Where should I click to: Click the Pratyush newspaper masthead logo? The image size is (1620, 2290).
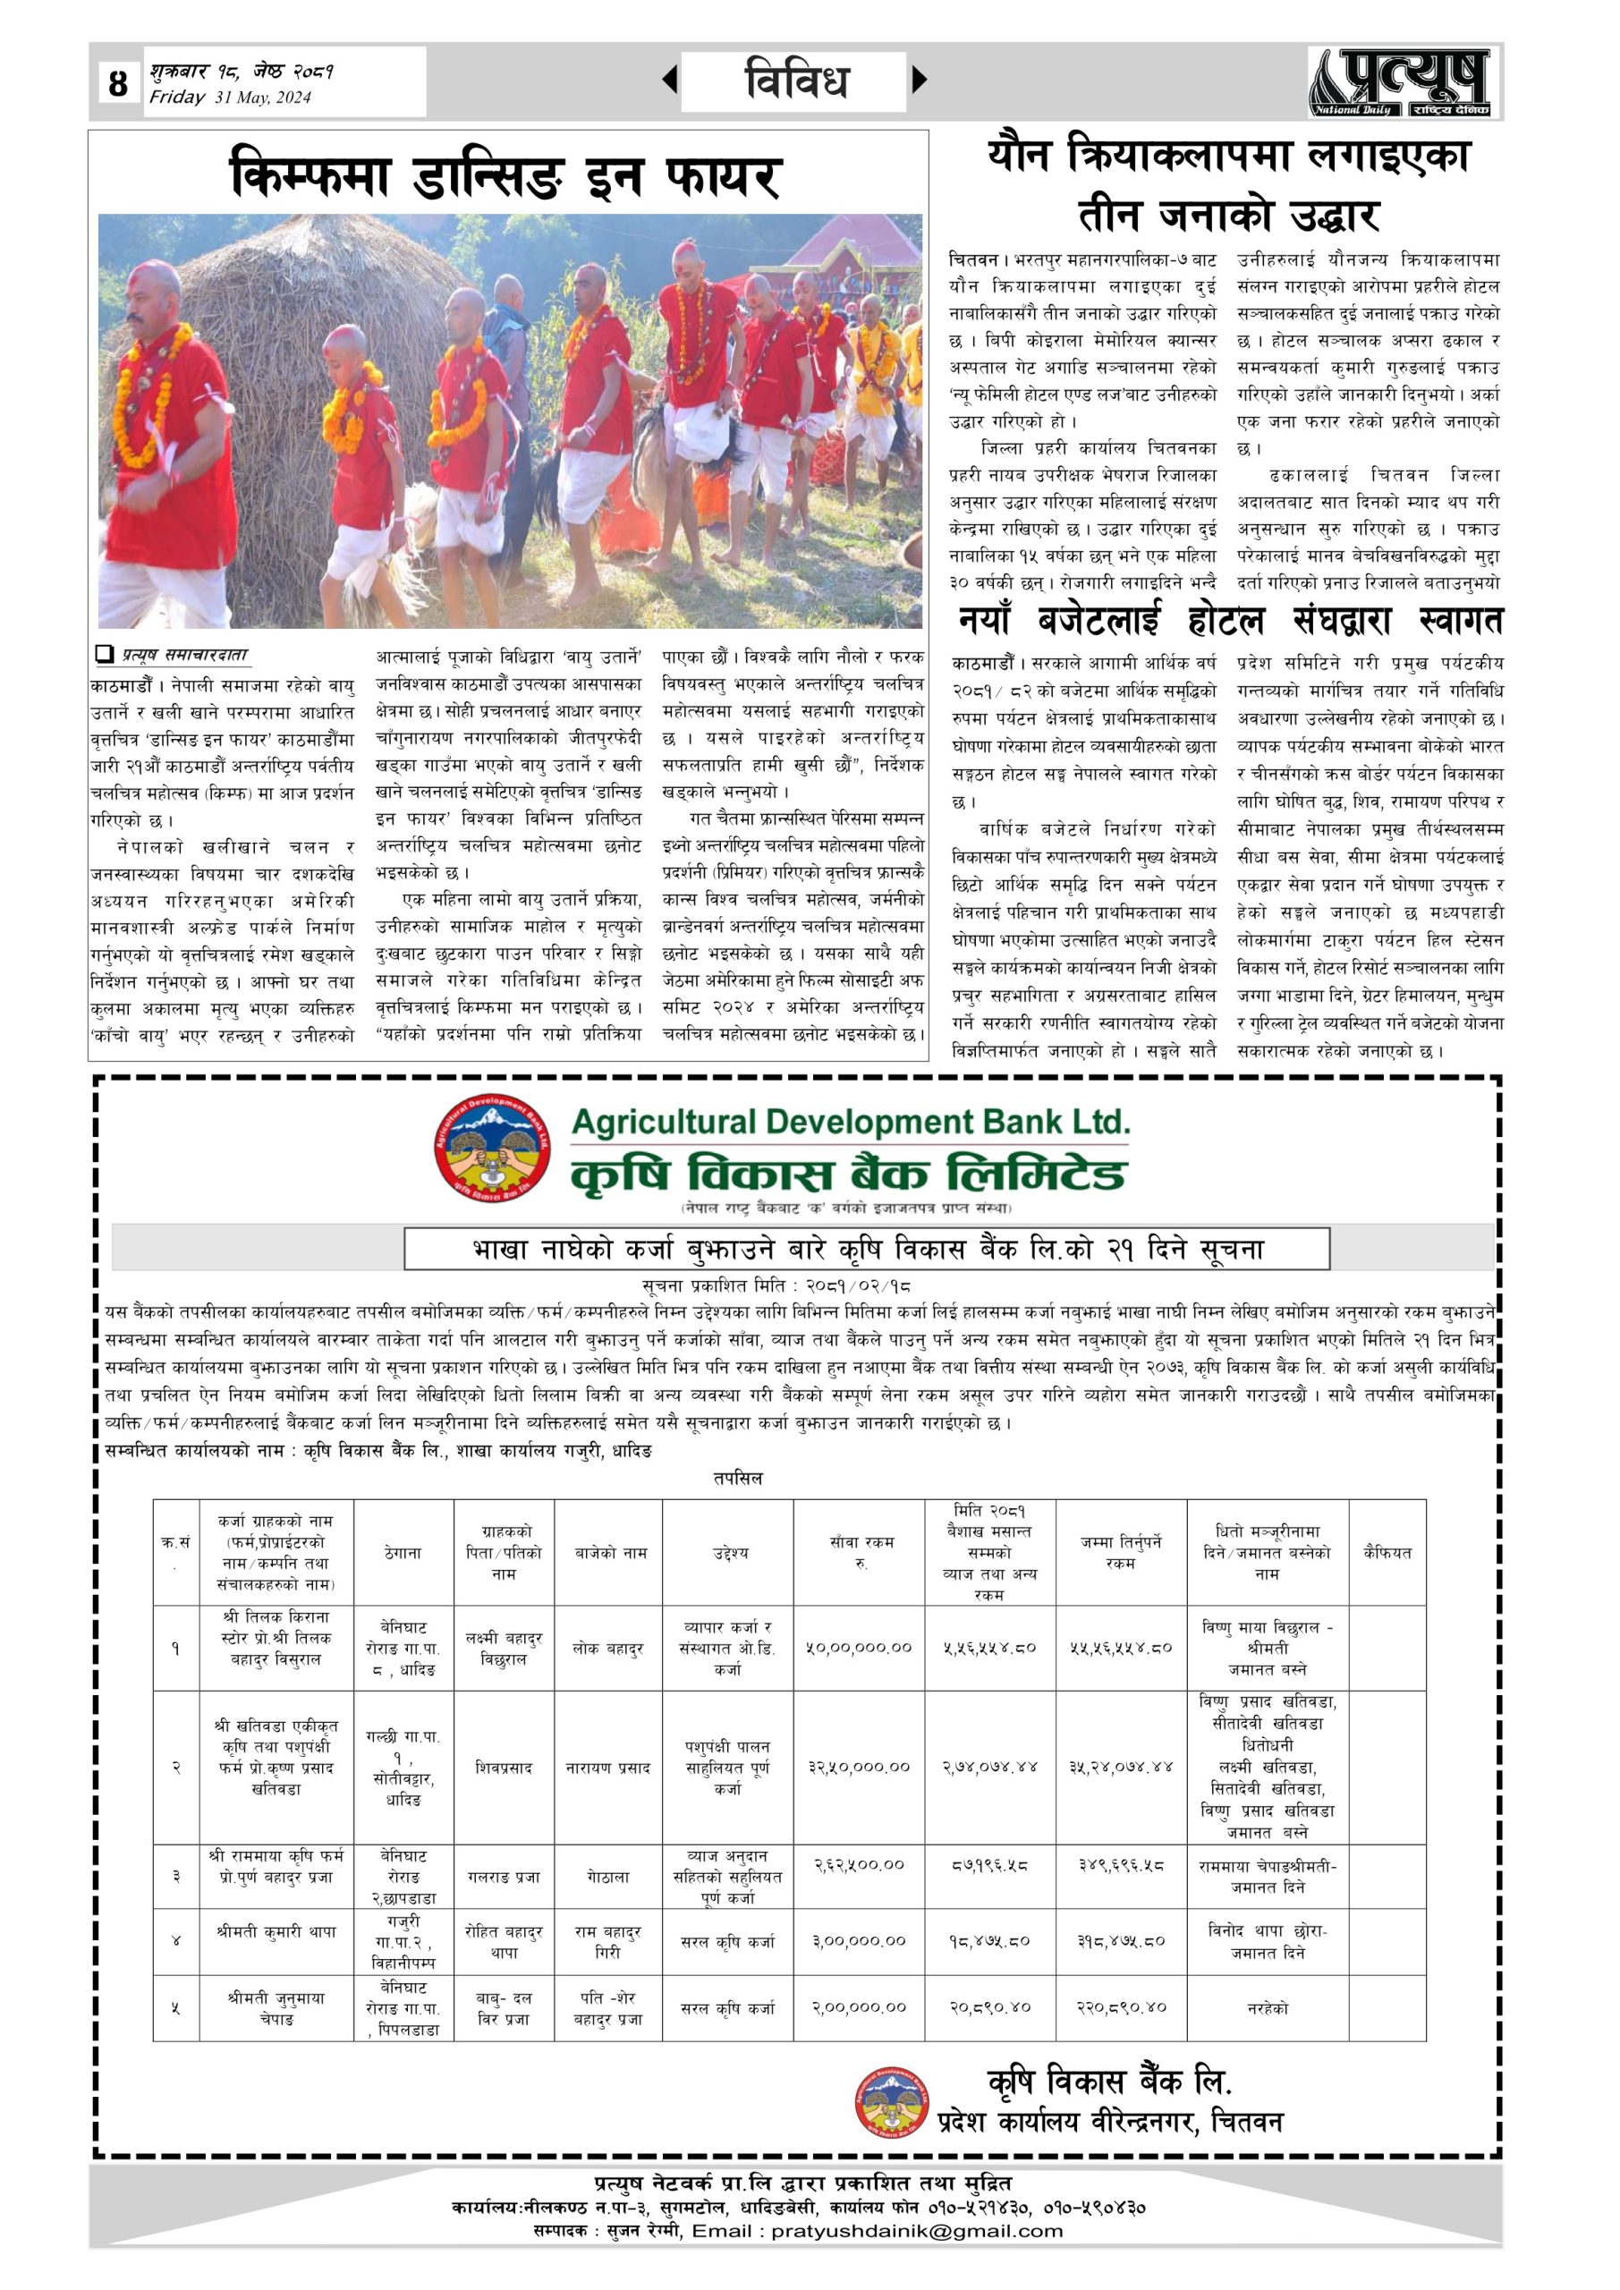1401,81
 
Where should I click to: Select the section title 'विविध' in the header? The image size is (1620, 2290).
796,80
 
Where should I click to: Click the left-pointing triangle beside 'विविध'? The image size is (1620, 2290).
670,80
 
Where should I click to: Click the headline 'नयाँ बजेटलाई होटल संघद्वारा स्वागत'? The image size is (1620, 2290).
1229,621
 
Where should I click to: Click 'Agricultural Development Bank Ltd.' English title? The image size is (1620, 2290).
850,1122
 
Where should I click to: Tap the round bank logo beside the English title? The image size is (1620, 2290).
493,1148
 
